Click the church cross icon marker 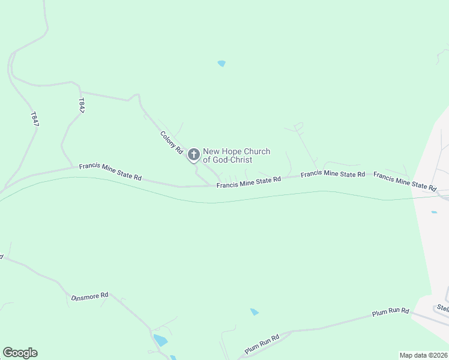[193, 155]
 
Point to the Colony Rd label [171, 143]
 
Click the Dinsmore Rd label [89, 296]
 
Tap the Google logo [20, 353]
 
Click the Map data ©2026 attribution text [423, 355]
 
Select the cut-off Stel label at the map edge [442, 308]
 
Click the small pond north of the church [221, 63]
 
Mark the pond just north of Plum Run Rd [255, 312]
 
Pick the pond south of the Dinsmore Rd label [160, 340]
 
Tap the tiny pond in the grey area [434, 212]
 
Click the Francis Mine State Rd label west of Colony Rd [110, 172]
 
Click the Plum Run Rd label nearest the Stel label [390, 312]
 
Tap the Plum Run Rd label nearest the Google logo [262, 344]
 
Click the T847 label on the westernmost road [34, 118]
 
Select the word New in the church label [212, 152]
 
